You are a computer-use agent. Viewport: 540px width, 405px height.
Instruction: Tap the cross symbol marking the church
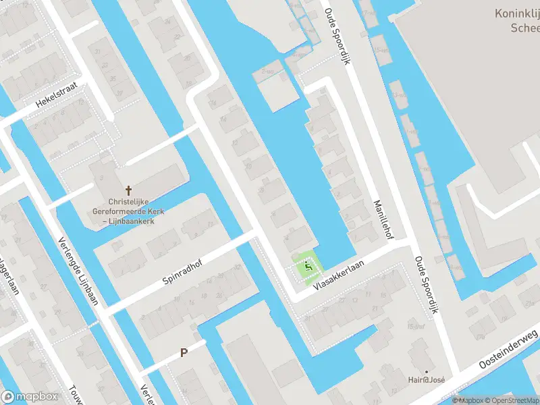[128, 192]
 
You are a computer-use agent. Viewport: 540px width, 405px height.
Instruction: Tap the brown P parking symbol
[183, 353]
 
